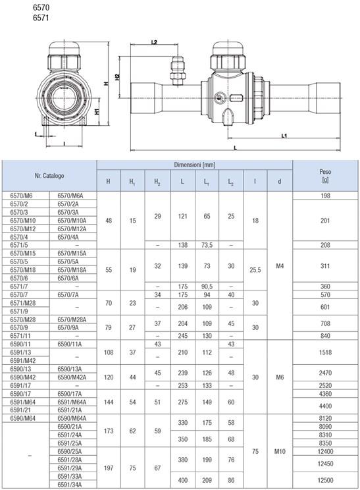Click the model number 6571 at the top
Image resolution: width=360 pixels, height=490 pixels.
pyautogui.click(x=41, y=18)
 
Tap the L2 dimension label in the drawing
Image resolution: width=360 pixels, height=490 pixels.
pyautogui.click(x=154, y=42)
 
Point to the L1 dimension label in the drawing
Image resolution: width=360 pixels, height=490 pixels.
pyautogui.click(x=284, y=136)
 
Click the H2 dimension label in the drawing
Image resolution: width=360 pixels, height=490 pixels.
pyautogui.click(x=117, y=77)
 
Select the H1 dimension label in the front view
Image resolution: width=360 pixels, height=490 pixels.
pyautogui.click(x=97, y=111)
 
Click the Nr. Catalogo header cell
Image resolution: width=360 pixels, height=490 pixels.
pyautogui.click(x=49, y=176)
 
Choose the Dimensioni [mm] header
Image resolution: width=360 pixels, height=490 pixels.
pyautogui.click(x=195, y=165)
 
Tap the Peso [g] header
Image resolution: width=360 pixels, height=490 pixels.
pyautogui.click(x=325, y=176)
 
